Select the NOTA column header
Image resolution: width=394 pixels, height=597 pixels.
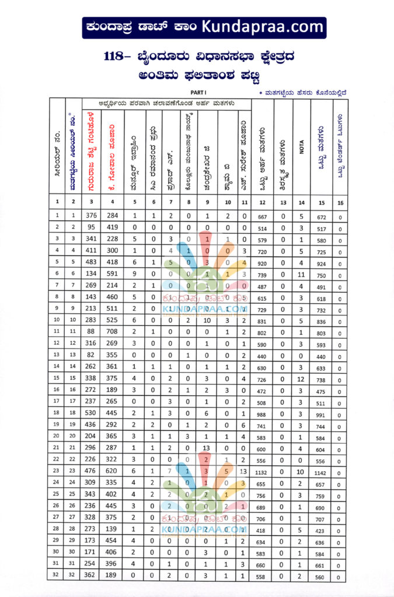click(302, 149)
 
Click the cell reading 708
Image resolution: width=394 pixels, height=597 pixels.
click(111, 331)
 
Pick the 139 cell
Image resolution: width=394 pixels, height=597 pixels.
click(111, 529)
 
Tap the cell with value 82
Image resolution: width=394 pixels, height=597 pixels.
click(90, 354)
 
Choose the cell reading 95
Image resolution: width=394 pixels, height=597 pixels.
click(90, 227)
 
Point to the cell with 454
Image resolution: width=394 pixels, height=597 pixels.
click(111, 540)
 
